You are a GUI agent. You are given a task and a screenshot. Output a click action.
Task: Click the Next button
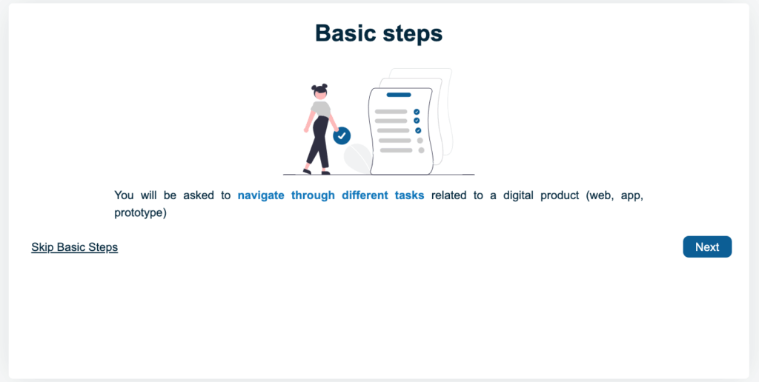706,247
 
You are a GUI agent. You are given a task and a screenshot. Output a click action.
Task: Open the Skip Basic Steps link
74,247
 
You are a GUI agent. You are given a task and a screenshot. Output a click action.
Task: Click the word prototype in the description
140,213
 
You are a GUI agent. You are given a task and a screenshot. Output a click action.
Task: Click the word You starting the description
124,195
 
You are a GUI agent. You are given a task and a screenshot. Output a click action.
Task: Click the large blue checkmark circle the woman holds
342,135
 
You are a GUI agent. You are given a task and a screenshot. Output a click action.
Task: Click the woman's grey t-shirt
321,110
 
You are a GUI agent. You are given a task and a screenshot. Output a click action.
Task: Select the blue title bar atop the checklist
399,95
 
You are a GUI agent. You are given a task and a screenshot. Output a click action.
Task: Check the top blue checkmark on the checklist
417,112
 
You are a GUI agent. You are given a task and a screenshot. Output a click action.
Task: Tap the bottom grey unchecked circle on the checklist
421,150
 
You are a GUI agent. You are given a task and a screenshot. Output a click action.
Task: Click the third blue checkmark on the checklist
418,130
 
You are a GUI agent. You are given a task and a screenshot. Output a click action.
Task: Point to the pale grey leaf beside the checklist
357,157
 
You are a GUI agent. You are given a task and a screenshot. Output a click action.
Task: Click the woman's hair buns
319,87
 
